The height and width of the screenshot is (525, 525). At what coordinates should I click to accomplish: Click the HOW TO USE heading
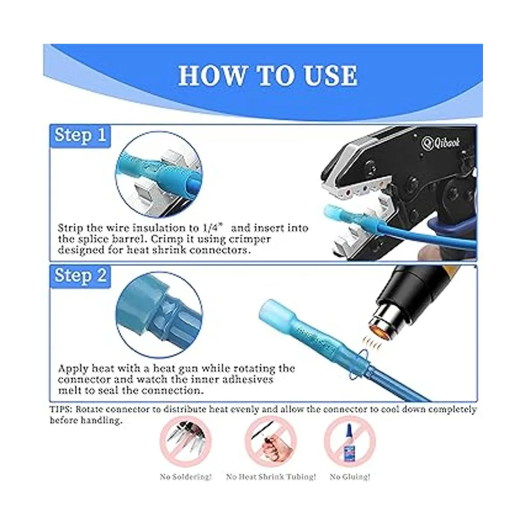268,75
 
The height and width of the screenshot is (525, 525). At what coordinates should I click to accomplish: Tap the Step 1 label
80,135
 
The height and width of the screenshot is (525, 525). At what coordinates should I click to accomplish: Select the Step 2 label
80,276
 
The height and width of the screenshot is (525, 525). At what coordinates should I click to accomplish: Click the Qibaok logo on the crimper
441,143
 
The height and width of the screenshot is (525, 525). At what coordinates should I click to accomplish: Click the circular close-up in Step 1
159,175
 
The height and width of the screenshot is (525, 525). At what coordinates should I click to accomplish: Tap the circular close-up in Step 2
159,315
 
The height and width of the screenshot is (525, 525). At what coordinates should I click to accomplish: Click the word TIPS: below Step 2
61,409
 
